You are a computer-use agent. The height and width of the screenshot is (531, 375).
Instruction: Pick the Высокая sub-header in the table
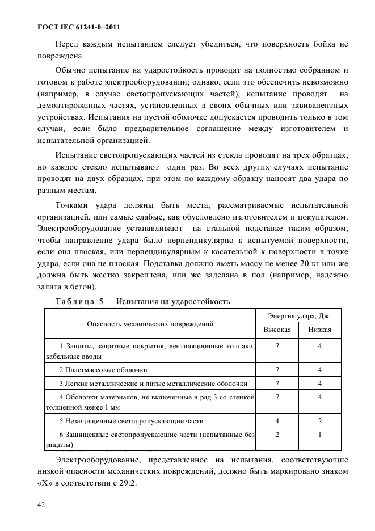pyautogui.click(x=277, y=330)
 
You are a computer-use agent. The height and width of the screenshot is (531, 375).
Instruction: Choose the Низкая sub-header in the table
pyautogui.click(x=319, y=330)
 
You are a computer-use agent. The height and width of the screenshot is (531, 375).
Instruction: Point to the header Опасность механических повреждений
pyautogui.click(x=150, y=324)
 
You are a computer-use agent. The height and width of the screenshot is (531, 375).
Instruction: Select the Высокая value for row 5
pyautogui.click(x=277, y=421)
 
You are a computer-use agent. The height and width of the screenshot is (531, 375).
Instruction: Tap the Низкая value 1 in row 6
pyautogui.click(x=319, y=434)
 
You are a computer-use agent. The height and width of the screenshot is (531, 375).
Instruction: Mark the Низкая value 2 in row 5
pyautogui.click(x=319, y=421)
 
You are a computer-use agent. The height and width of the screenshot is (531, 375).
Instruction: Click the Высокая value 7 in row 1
pyautogui.click(x=277, y=345)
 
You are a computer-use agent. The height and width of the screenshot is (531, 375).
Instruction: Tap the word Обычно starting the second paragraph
pyautogui.click(x=72, y=70)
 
